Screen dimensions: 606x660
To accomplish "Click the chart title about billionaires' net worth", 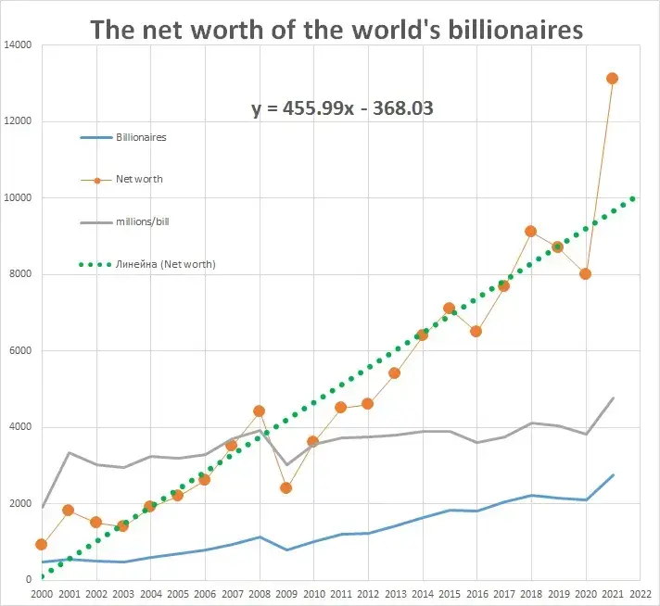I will (x=336, y=29).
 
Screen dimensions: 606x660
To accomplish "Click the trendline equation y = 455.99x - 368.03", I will (x=343, y=108).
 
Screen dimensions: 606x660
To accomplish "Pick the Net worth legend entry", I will (x=138, y=179).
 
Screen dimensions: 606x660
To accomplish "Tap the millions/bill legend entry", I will (x=142, y=221).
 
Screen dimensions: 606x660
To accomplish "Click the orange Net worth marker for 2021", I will (x=612, y=79).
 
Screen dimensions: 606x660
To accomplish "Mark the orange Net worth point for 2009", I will (x=286, y=487).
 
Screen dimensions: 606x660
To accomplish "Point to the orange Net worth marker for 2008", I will (x=259, y=410).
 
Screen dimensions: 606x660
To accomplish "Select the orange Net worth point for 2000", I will (x=41, y=544).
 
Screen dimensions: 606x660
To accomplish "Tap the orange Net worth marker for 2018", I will (x=530, y=231).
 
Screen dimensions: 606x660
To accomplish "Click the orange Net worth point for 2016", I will (x=476, y=331).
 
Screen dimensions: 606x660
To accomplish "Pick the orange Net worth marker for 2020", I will (x=585, y=273).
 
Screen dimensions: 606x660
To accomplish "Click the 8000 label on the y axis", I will (x=20, y=274).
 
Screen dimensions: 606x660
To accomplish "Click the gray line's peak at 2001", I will (x=69, y=452).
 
